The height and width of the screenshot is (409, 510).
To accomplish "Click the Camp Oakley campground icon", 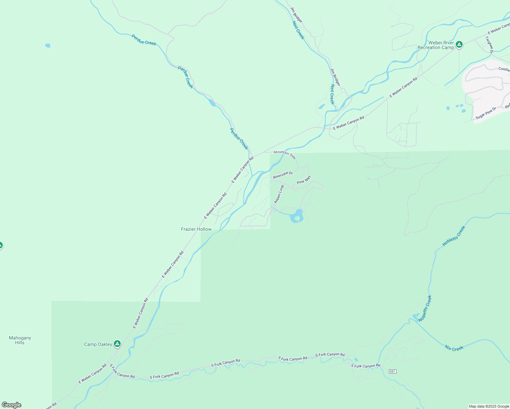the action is [117, 344].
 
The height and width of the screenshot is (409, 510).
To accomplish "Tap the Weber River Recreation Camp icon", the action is [459, 44].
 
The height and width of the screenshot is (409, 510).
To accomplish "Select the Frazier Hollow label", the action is [196, 229].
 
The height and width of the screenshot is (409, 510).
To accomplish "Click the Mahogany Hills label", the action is [20, 340].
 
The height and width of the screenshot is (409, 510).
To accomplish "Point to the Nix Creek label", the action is [454, 348].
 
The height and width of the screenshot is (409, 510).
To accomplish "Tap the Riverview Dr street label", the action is [283, 175].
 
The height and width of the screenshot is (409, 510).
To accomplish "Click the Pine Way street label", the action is [304, 180].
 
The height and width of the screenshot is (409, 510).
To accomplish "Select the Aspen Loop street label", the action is [279, 194].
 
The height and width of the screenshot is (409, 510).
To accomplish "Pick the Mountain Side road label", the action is [285, 154].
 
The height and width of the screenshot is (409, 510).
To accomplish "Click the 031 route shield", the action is [393, 371].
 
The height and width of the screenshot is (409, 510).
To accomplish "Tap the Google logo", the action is [11, 405].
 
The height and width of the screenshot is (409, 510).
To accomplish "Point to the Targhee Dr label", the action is [490, 45].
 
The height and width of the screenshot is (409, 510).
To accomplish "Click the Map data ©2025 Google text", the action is [489, 406].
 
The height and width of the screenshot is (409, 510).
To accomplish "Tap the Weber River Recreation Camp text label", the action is [436, 45].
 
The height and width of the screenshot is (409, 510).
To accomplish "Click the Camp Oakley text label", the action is [98, 344].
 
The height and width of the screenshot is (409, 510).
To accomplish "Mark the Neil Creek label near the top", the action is [298, 30].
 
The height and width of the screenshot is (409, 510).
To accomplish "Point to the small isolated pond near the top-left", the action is [48, 45].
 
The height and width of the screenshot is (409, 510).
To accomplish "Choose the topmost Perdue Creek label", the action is [144, 40].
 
